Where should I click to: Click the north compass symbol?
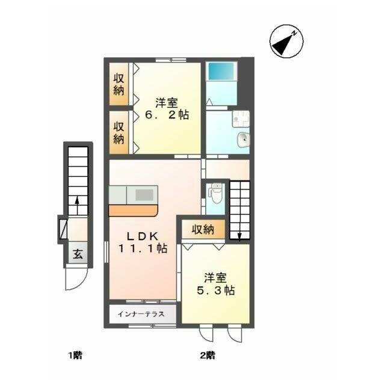(x=286, y=42)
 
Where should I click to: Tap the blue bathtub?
(x=221, y=71)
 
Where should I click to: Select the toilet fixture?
(x=216, y=193)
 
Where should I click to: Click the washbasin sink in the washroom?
(x=244, y=140)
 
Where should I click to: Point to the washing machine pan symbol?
(x=241, y=119)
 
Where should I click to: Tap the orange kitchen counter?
(x=133, y=211)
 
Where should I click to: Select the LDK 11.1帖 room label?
(x=143, y=242)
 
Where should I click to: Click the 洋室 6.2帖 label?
(x=167, y=109)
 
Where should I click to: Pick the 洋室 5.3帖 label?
(x=215, y=284)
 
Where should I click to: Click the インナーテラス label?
(x=141, y=314)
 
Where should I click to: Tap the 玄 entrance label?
(x=78, y=254)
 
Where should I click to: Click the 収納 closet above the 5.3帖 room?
(x=203, y=229)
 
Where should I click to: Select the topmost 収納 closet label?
(x=119, y=84)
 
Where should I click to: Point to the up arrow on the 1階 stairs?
(x=77, y=206)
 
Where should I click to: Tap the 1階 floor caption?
(x=75, y=355)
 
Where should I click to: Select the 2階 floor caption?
(x=208, y=355)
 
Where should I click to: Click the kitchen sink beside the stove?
(x=118, y=195)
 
